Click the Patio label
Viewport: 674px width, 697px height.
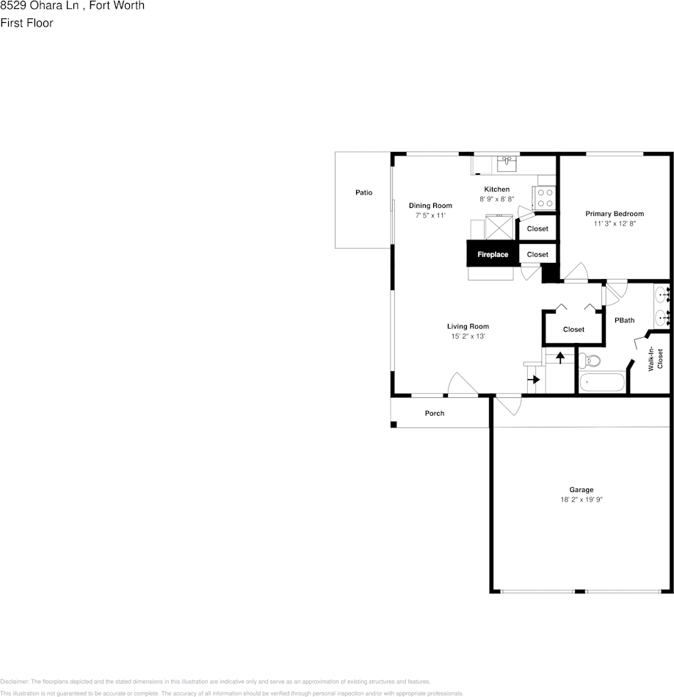click(x=363, y=192)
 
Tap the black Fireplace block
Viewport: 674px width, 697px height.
click(x=493, y=254)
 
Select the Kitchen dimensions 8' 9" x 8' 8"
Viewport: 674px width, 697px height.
click(x=496, y=199)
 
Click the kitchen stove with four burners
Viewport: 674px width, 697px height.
click(x=545, y=198)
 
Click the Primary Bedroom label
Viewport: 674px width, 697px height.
click(x=615, y=214)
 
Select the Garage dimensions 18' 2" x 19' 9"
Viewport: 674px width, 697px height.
click(x=581, y=499)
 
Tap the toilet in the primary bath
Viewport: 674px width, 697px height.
click(x=590, y=361)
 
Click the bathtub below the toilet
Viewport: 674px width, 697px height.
click(x=602, y=383)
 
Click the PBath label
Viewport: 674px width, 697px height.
click(x=624, y=320)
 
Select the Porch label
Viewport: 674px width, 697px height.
click(x=435, y=413)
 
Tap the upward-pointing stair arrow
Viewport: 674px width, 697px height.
click(x=560, y=357)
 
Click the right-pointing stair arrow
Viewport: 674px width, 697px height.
click(x=535, y=380)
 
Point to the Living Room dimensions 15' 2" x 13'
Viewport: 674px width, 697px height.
click(x=468, y=336)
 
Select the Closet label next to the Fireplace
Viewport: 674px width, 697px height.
click(x=537, y=254)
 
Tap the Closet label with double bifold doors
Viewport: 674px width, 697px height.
click(x=573, y=329)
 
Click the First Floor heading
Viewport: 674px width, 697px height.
click(x=26, y=23)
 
